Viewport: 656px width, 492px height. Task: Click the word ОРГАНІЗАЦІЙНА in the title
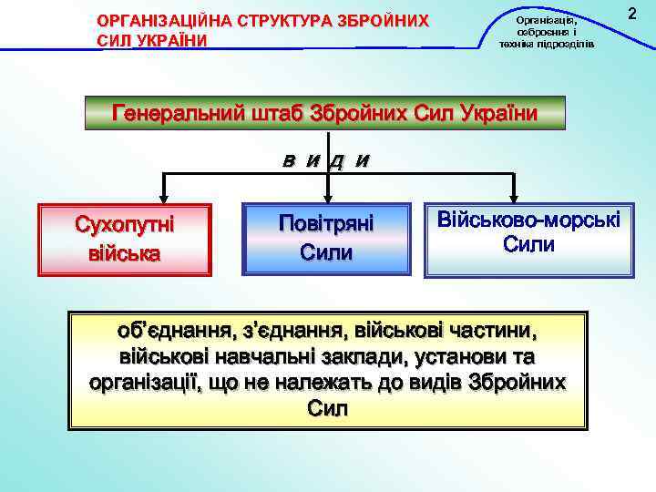pyautogui.click(x=159, y=20)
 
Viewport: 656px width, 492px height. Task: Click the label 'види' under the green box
pyautogui.click(x=325, y=162)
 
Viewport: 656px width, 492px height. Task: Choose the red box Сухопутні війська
pyautogui.click(x=124, y=238)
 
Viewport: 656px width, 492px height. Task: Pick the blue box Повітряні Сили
pyautogui.click(x=326, y=238)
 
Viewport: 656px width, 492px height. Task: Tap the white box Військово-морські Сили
pyautogui.click(x=528, y=237)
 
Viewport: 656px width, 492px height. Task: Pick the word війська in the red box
pyautogui.click(x=124, y=252)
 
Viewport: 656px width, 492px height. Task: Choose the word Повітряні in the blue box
pyautogui.click(x=326, y=223)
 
